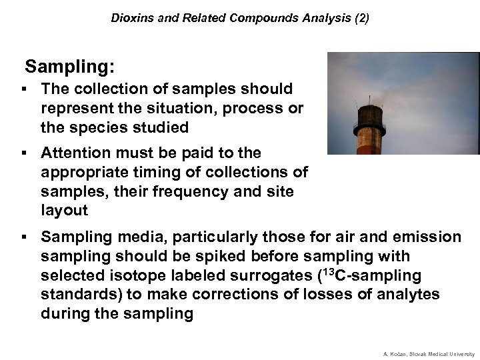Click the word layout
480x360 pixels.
click(x=64, y=211)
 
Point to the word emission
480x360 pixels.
click(x=425, y=237)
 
